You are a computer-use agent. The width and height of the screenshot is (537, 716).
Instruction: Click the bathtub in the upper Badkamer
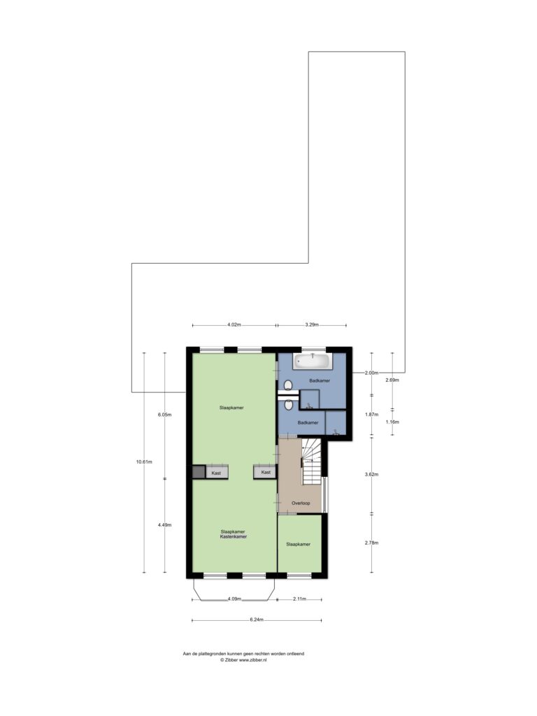313,361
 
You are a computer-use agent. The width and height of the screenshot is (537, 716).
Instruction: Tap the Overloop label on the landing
301,503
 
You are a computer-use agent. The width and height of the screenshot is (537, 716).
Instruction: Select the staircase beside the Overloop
311,461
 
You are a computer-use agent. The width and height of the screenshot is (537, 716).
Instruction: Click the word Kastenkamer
234,537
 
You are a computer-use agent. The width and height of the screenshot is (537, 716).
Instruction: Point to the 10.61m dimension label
144,461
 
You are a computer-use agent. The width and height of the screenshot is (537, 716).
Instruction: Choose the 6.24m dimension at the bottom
257,620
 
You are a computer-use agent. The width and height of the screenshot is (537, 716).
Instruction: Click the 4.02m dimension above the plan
234,325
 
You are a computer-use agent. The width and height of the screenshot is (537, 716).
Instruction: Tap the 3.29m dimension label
311,325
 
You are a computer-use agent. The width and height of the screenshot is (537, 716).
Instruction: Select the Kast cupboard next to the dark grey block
217,473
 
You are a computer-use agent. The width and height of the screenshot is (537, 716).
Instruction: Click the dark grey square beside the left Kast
199,472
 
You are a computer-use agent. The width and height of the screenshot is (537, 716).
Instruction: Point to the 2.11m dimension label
299,599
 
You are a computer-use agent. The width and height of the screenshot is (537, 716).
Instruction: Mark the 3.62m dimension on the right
372,475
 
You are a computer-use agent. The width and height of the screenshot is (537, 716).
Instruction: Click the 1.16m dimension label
392,422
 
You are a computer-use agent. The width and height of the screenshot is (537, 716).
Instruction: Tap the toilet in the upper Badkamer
288,386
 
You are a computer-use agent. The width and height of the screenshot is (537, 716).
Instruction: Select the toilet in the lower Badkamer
288,405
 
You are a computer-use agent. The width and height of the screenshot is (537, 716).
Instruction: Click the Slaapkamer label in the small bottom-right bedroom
298,544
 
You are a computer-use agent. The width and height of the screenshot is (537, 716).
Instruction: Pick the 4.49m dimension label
164,525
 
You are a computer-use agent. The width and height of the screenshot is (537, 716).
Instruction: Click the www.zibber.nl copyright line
243,660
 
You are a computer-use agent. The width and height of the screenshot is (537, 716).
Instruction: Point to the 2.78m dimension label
372,543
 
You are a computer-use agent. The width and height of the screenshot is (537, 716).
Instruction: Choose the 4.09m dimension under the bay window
234,599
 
